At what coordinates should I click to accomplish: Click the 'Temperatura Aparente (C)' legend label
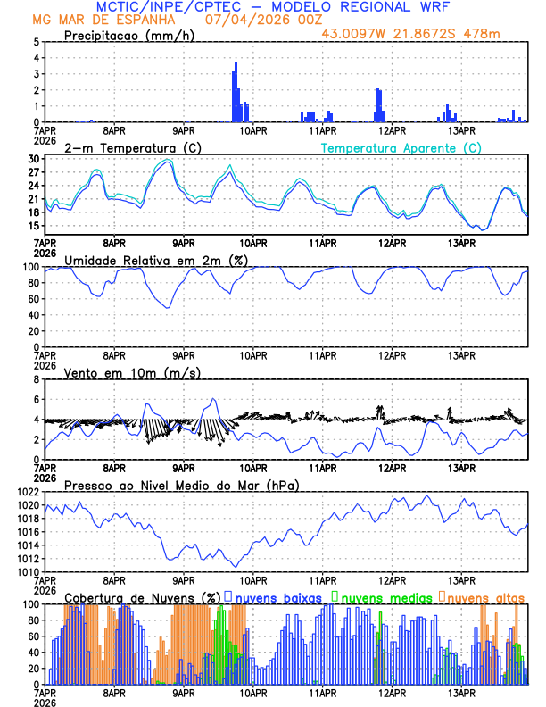click(401, 147)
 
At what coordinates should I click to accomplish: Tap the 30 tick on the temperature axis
click(33, 159)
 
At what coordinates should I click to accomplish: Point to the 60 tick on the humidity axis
click(31, 299)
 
